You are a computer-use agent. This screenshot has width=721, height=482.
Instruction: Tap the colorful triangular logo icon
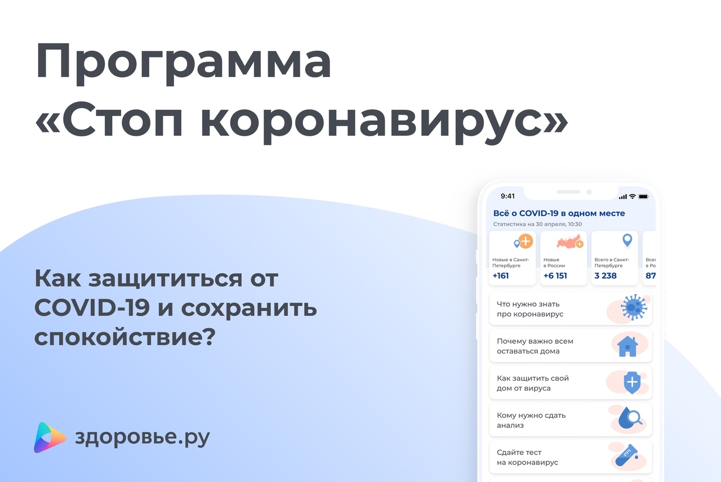50,438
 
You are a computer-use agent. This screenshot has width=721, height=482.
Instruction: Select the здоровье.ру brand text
143,438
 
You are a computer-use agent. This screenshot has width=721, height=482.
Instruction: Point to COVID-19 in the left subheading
92,307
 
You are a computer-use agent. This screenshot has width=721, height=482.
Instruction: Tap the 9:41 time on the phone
508,197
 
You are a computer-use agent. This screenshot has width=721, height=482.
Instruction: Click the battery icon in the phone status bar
644,197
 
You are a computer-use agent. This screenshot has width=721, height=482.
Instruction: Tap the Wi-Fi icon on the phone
633,197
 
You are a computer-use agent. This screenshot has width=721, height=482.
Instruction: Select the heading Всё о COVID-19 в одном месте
559,213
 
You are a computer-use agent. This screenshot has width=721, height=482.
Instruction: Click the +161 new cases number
501,276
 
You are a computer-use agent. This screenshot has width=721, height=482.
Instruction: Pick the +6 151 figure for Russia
555,276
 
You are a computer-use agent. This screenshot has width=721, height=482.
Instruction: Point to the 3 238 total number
606,276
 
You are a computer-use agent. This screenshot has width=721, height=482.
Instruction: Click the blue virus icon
634,307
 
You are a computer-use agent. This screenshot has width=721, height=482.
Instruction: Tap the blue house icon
627,346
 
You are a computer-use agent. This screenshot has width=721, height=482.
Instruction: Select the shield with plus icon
632,382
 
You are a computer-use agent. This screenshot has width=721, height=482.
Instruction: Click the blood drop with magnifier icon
630,418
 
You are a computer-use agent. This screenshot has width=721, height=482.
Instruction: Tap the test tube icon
626,455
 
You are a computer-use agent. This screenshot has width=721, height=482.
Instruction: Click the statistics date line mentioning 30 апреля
537,224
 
